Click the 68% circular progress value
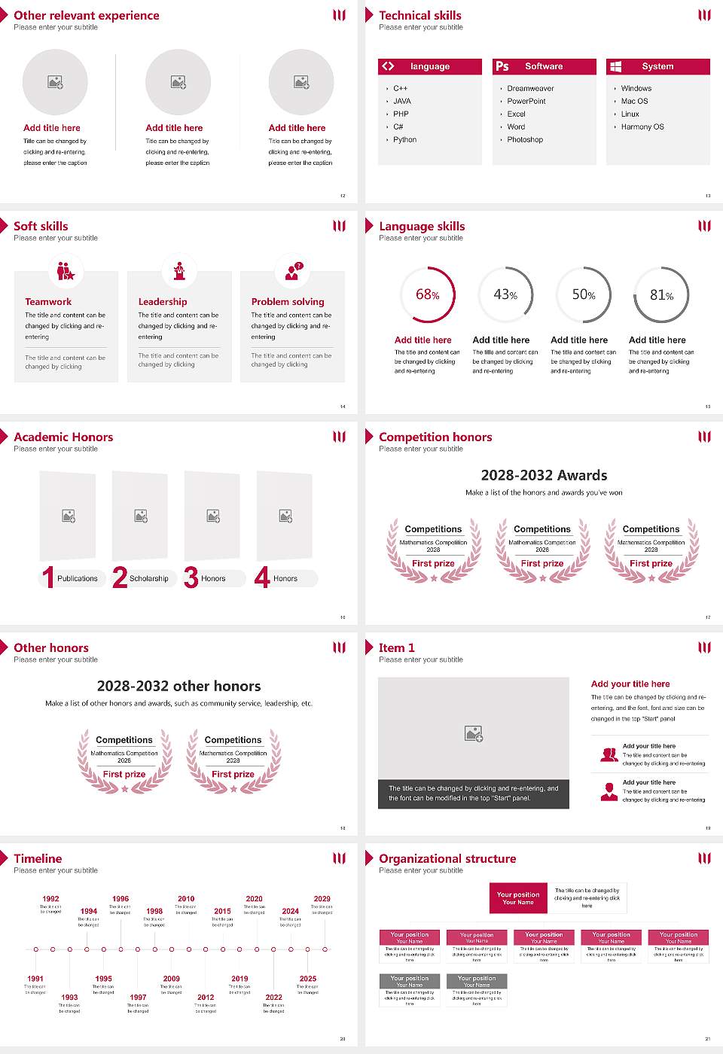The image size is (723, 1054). (428, 295)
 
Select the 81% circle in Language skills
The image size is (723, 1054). (661, 295)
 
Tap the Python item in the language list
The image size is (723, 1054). (404, 140)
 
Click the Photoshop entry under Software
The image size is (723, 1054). (525, 140)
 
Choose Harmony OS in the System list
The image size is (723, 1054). (642, 127)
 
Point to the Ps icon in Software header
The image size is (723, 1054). (502, 66)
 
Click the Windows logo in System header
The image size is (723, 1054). (615, 66)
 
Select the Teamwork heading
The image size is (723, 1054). (48, 302)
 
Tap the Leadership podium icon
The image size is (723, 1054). (179, 270)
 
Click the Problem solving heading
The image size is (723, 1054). (288, 302)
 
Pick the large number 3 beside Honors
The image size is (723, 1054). (191, 577)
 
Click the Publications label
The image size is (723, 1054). (78, 579)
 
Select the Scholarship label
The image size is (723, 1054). (149, 579)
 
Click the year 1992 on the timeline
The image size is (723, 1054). (50, 899)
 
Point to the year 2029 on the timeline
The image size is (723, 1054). (322, 899)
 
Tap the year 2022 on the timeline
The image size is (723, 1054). (273, 998)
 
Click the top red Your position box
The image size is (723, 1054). (518, 898)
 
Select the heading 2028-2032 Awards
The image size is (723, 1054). (544, 476)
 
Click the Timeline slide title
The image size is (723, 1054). (38, 859)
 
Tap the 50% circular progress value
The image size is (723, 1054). (584, 295)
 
